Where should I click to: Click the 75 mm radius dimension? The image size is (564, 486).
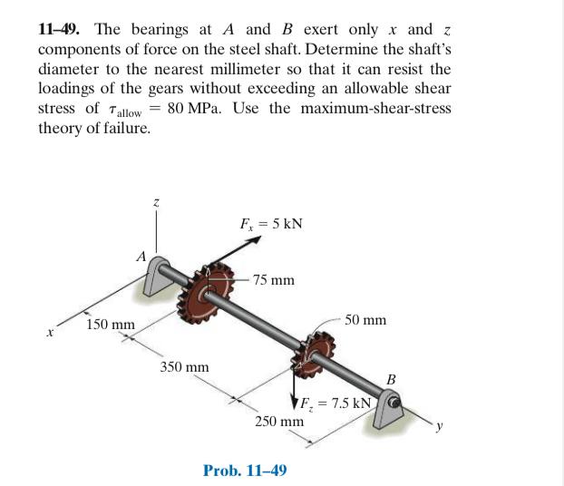pos(273,280)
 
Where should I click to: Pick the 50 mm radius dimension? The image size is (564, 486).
pos(365,320)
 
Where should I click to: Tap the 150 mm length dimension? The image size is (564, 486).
pos(110,325)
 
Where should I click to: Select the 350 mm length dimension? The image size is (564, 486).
pos(184,367)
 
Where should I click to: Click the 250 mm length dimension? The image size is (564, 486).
pos(278,422)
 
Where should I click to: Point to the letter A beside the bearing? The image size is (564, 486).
pos(141,256)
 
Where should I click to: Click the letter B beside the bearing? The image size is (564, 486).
pos(392,378)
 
